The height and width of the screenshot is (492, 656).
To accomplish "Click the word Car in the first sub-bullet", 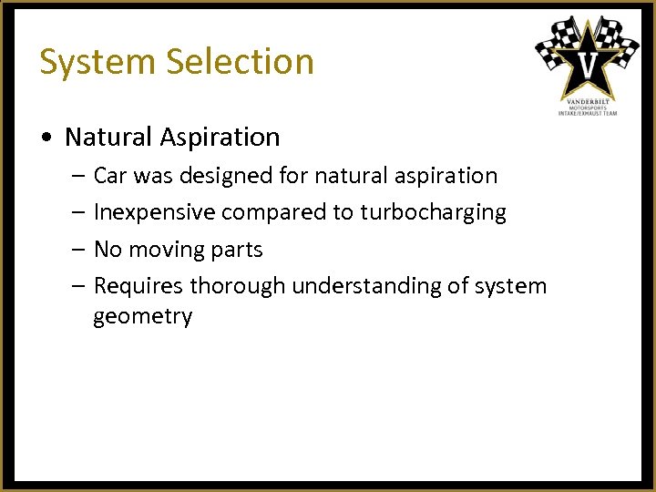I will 111,175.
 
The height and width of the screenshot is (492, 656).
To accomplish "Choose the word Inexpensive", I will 154,212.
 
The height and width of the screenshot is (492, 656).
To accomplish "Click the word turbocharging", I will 433,212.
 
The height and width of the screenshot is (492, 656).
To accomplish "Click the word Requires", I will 138,286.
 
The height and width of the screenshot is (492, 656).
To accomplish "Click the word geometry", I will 142,317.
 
